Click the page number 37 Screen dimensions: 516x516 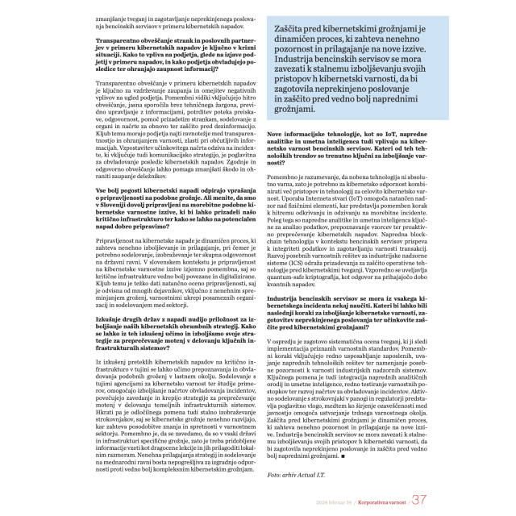(x=418, y=499)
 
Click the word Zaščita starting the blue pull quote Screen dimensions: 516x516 (x=295, y=27)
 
